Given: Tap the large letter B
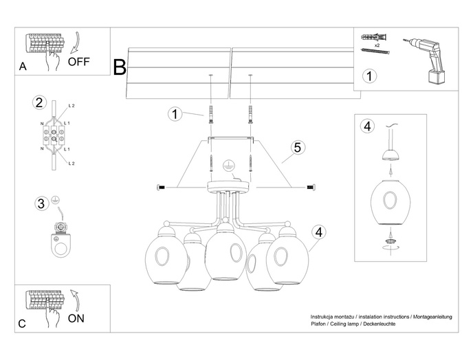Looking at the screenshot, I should click(120, 67).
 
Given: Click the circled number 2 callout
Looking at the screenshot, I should click(39, 103).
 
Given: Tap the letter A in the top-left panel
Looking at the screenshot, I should click(23, 67).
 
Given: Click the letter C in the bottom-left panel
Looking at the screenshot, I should click(23, 323).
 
